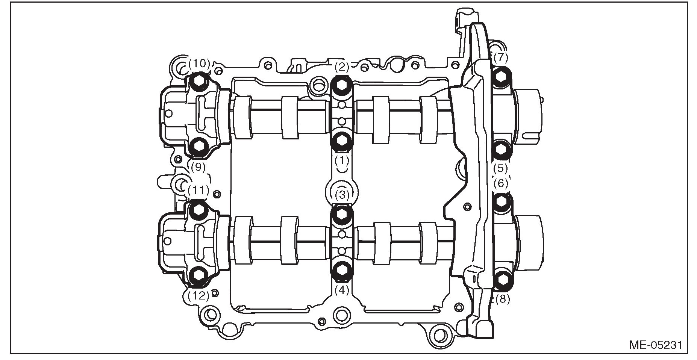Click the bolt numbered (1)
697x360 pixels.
(x=342, y=141)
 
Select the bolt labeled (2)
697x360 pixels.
(x=342, y=84)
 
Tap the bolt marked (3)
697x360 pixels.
(x=342, y=214)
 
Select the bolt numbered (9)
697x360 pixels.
(x=198, y=146)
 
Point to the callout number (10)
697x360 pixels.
(x=199, y=64)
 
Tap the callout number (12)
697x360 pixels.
(x=198, y=296)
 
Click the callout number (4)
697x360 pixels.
(x=342, y=290)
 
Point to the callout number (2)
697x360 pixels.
(x=342, y=67)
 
